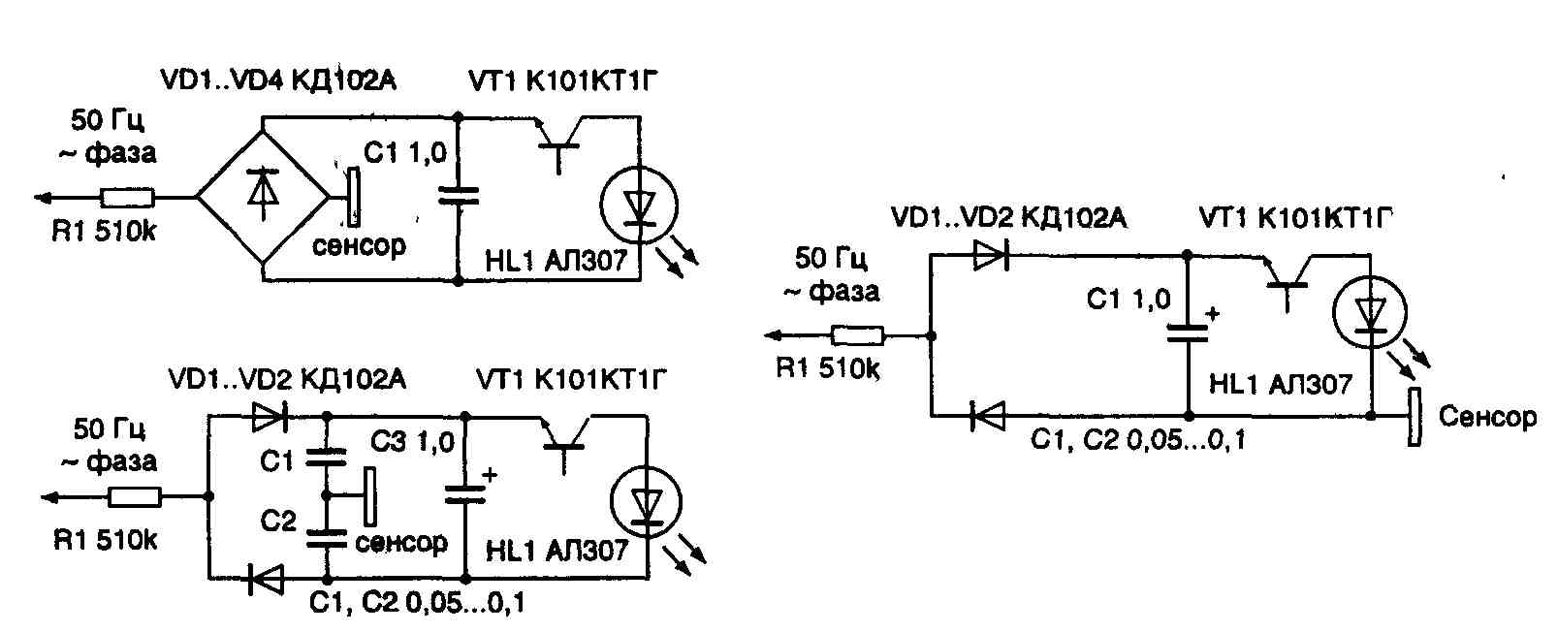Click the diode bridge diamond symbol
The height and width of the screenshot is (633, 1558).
[263, 197]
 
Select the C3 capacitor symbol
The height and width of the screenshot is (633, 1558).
[464, 495]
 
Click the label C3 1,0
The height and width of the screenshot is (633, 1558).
[412, 443]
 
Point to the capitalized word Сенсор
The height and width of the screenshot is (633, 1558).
[1487, 417]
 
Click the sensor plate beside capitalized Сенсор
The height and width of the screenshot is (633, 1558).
[1415, 417]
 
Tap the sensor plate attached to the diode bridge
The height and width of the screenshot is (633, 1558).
[355, 197]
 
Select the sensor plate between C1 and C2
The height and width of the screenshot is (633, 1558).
[369, 495]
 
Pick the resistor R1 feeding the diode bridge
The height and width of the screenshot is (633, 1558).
[127, 198]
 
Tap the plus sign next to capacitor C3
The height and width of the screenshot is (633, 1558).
[490, 475]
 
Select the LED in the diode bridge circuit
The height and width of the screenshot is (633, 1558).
[638, 206]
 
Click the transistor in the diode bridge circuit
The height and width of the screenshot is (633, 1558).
[558, 141]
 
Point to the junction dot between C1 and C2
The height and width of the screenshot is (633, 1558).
[327, 495]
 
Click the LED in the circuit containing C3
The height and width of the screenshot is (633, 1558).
[646, 502]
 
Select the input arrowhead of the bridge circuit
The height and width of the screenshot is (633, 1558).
[44, 198]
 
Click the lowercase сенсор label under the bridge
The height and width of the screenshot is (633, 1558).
[359, 245]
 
